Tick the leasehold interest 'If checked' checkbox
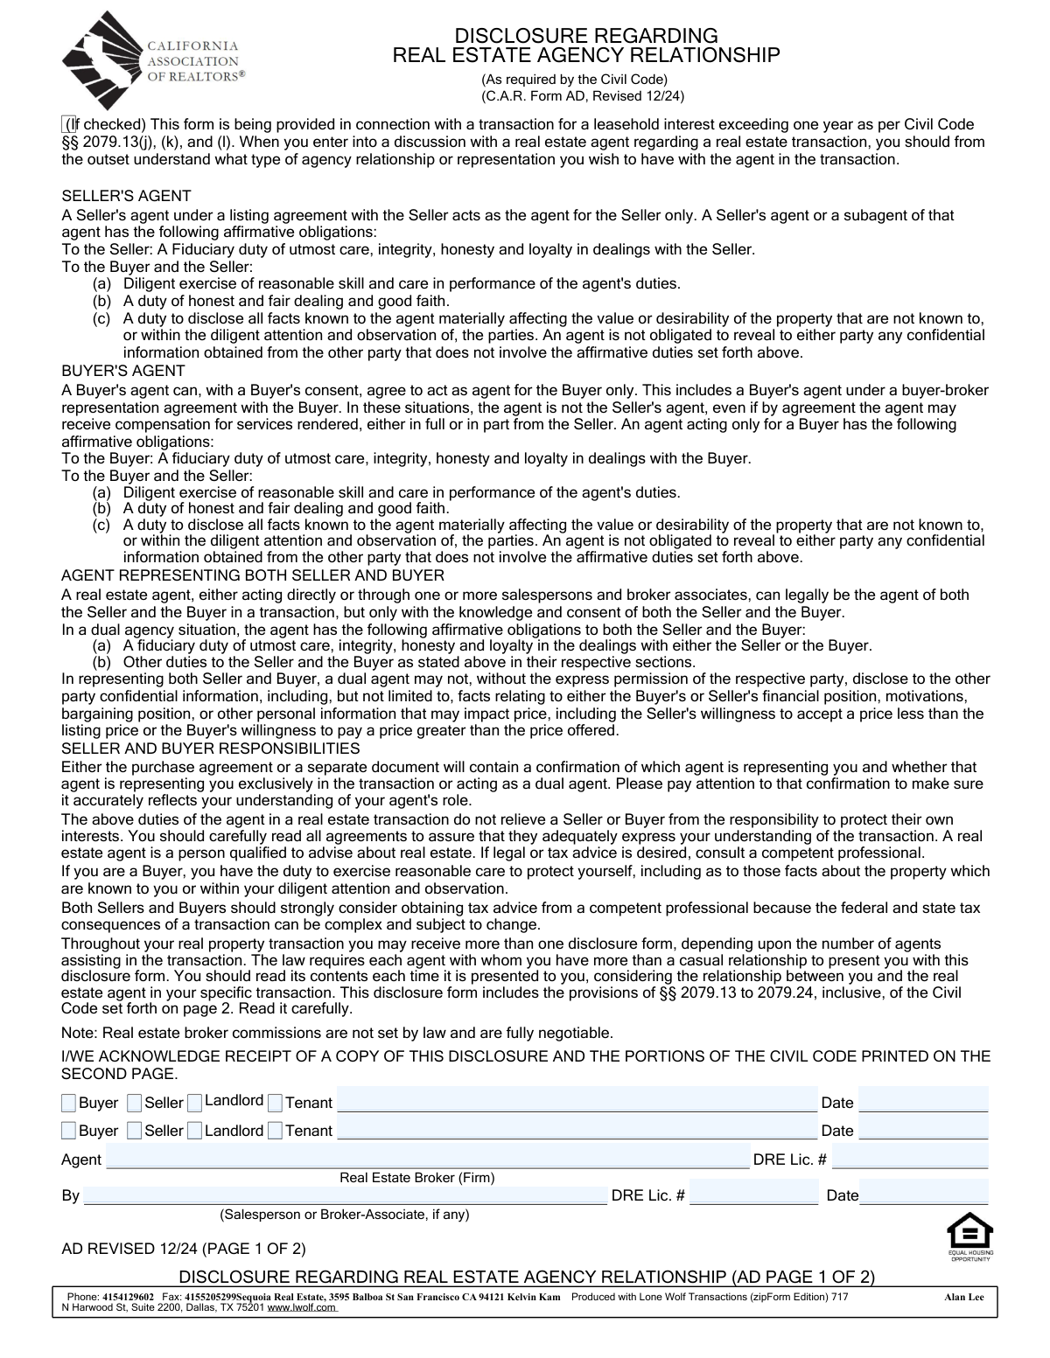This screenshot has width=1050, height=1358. (x=68, y=124)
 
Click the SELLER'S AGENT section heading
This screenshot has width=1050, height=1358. (x=126, y=196)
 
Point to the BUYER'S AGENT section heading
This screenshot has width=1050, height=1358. (x=123, y=371)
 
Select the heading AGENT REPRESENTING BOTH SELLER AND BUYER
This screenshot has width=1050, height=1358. (x=253, y=575)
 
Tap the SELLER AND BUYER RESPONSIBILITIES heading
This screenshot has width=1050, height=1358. (x=210, y=749)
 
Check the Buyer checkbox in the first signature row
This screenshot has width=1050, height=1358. (x=68, y=1103)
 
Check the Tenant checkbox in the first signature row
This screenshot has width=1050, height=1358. (x=276, y=1103)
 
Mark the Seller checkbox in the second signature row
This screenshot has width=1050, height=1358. (x=134, y=1131)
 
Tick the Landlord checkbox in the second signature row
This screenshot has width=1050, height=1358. (x=194, y=1131)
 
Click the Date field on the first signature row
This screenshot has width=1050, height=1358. (x=923, y=1101)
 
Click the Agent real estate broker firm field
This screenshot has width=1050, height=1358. (x=427, y=1160)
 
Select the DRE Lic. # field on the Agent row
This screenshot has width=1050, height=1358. (x=910, y=1160)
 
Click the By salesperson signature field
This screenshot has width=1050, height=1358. (x=345, y=1195)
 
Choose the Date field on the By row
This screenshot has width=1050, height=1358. (x=924, y=1195)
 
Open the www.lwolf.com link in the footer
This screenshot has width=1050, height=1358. (x=301, y=1308)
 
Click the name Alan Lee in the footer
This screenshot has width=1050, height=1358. (x=963, y=1297)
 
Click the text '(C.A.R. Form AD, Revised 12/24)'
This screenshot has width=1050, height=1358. (x=582, y=96)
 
